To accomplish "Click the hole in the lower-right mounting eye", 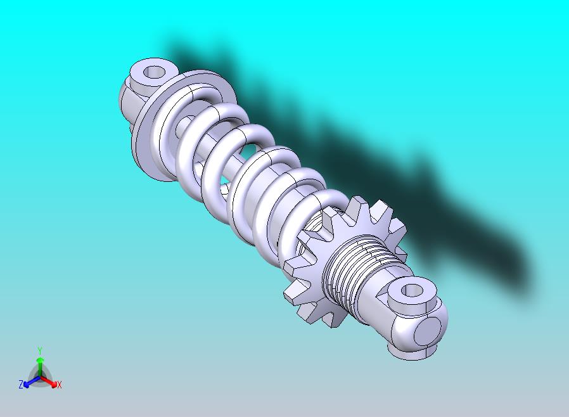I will (x=412, y=291).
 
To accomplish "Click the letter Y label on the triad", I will (x=39, y=350).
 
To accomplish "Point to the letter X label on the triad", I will (x=60, y=385).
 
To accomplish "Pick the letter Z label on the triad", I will (x=20, y=385).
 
